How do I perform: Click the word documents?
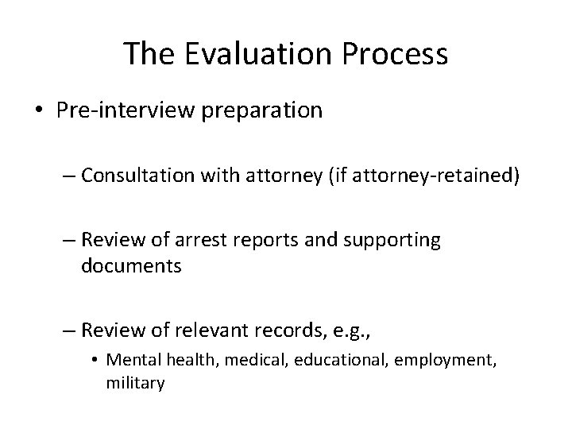point(131,266)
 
